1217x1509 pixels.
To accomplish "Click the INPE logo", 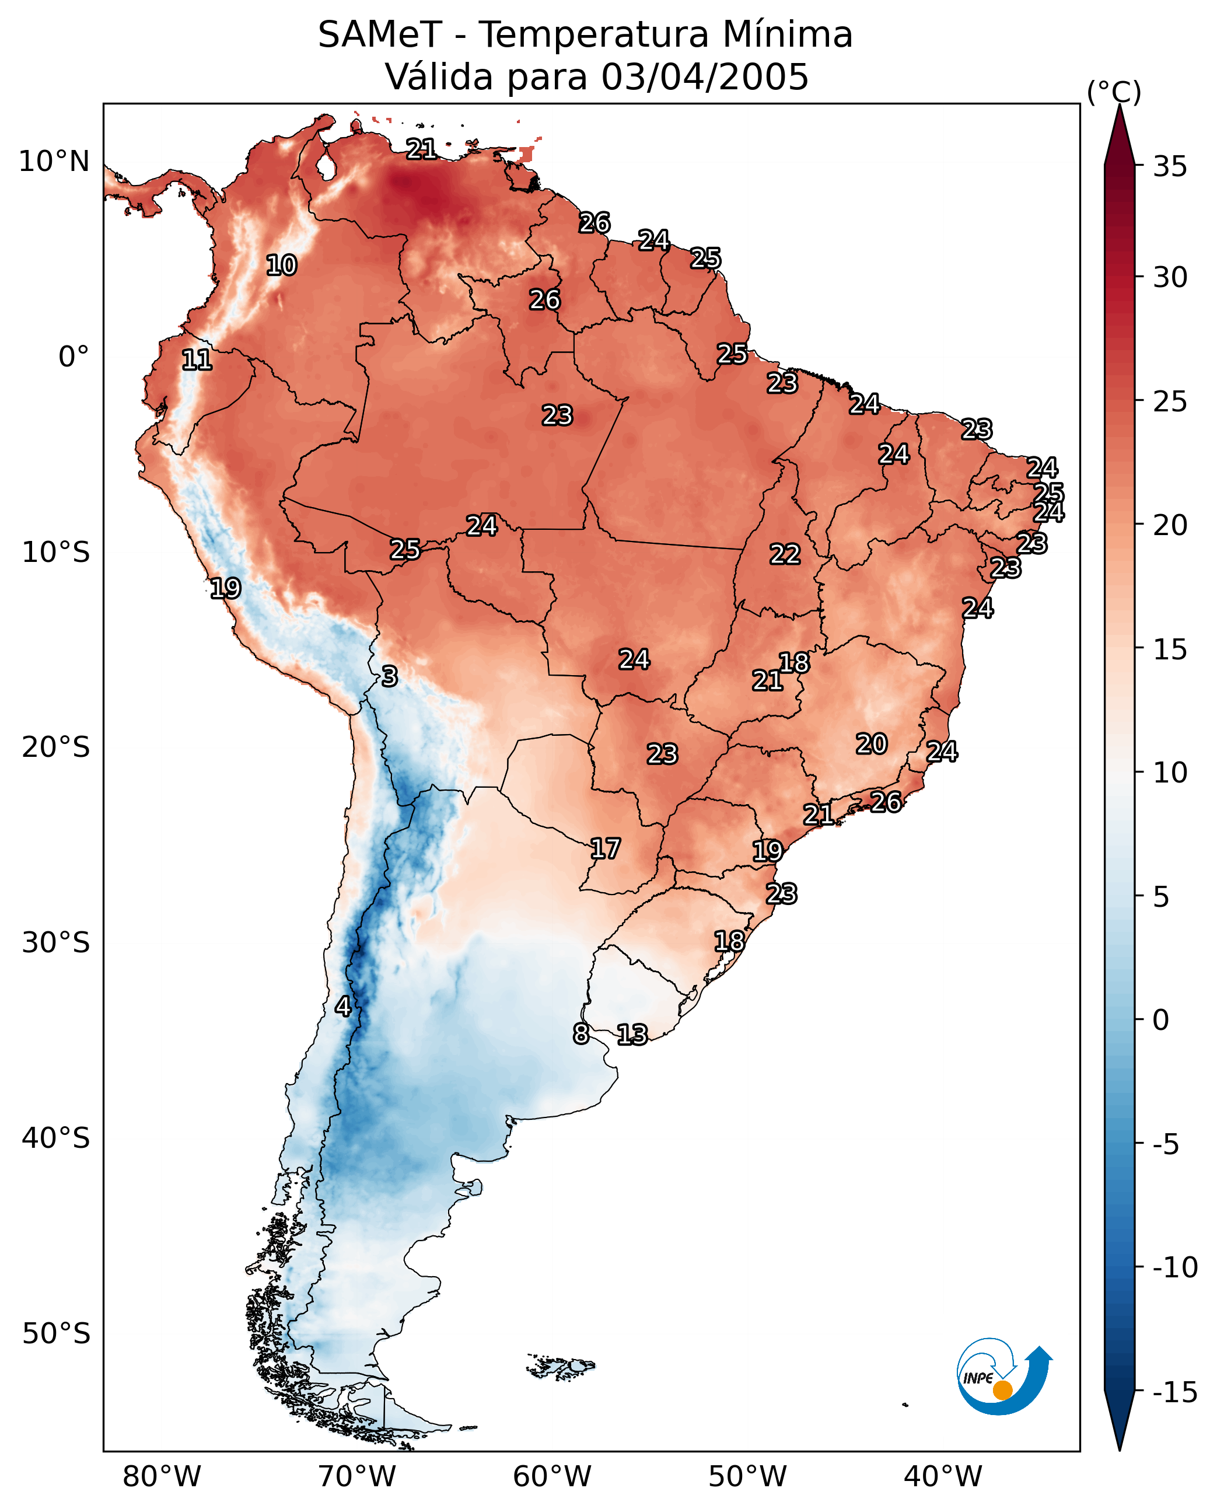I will click(x=1004, y=1376).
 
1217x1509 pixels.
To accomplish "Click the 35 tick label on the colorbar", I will click(x=1170, y=167).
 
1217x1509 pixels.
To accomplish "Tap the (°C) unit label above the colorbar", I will click(x=1114, y=92).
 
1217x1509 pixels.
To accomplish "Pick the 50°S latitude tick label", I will click(x=56, y=1333).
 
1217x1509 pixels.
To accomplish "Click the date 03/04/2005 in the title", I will click(x=705, y=76).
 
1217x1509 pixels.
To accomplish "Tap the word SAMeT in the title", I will click(x=380, y=34).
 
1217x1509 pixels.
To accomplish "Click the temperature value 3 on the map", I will click(x=390, y=676).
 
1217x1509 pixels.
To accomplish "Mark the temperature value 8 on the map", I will click(x=581, y=1033).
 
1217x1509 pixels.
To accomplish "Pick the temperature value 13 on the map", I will click(x=632, y=1034).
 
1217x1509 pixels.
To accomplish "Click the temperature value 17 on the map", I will click(x=605, y=848).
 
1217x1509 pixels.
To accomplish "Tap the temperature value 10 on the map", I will click(x=282, y=265).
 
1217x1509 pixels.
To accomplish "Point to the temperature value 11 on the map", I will click(x=197, y=359).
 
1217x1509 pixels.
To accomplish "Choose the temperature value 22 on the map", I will click(x=785, y=554).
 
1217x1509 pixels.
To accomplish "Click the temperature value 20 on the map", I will click(x=872, y=743).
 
